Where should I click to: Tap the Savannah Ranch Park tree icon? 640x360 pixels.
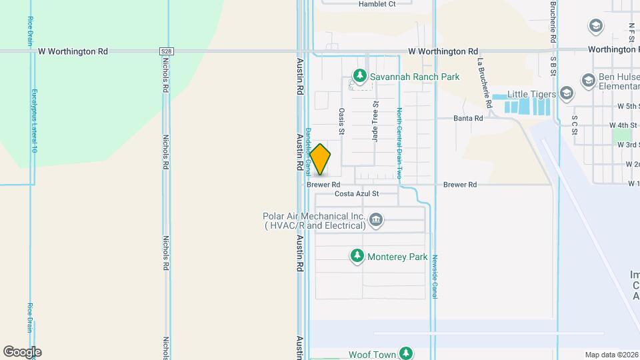(x=361, y=77)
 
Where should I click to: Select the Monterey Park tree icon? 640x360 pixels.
(x=357, y=256)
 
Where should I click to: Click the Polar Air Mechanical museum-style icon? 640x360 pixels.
(x=377, y=220)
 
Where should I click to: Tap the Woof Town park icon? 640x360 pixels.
(x=406, y=353)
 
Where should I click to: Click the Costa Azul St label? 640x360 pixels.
(x=356, y=194)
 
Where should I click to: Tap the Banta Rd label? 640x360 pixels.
(x=468, y=119)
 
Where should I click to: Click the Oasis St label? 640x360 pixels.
(x=341, y=122)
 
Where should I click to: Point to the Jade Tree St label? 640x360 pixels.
(x=375, y=121)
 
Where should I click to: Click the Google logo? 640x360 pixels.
(x=22, y=352)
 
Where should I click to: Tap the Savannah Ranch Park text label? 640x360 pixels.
(x=415, y=77)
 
